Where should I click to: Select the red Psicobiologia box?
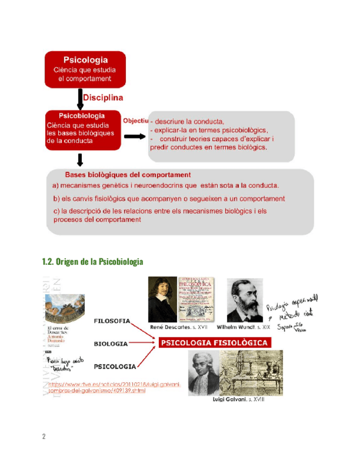(x=82, y=130)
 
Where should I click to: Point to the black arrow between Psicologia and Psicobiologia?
(x=80, y=99)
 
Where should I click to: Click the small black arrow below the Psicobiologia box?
(x=80, y=160)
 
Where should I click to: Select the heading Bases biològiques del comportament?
(x=128, y=175)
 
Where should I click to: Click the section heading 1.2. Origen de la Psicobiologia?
(x=92, y=261)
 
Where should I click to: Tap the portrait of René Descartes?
(x=162, y=299)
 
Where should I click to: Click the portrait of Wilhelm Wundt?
(x=244, y=299)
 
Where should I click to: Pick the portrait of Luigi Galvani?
(x=203, y=373)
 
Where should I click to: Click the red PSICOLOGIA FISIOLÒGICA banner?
(x=215, y=343)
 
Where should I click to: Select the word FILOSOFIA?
(x=112, y=321)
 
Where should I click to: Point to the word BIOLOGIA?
(x=111, y=344)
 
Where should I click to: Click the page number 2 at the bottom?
(x=43, y=436)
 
